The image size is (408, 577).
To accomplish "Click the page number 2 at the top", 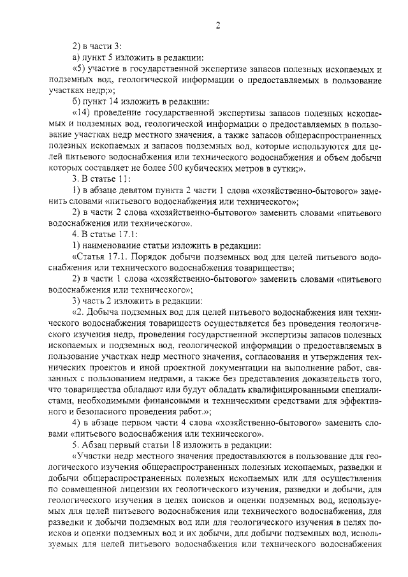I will pos(217,26).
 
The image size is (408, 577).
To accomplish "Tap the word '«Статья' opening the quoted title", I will pos(90,258).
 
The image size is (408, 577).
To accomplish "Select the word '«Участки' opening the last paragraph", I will pos(94,458).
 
